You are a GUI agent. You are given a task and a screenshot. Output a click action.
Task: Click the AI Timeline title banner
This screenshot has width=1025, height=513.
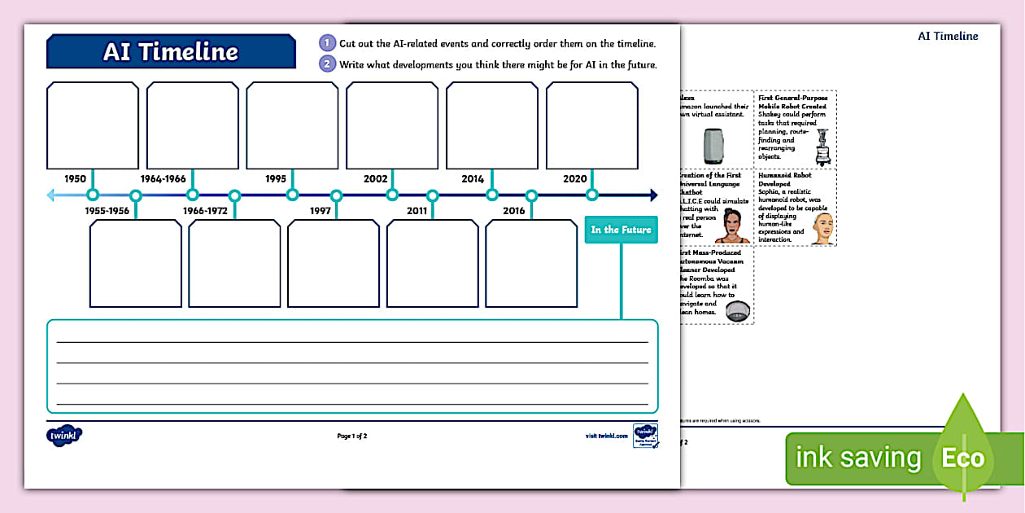(171, 51)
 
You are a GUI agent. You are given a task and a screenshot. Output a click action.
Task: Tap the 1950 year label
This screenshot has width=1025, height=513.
(75, 178)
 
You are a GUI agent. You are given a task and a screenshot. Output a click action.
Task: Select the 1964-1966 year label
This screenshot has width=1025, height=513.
(163, 178)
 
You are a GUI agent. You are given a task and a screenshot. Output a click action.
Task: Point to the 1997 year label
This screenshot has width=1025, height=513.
(321, 211)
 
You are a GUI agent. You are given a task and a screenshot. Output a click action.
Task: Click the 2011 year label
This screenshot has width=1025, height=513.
(417, 211)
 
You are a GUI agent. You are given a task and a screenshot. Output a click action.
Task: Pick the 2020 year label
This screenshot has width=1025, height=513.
(575, 178)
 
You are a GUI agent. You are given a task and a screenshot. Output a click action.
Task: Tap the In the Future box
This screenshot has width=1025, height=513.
(621, 230)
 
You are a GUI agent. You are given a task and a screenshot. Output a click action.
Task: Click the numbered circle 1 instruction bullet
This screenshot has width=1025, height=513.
(327, 43)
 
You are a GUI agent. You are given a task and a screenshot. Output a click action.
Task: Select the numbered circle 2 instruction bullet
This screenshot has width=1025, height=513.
(327, 64)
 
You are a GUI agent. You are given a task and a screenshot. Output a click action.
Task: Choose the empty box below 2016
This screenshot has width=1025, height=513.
(531, 263)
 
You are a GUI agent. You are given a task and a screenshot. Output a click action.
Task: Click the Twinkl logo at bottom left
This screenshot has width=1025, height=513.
(64, 436)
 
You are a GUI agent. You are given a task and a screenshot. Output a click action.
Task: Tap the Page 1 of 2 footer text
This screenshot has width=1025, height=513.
(352, 436)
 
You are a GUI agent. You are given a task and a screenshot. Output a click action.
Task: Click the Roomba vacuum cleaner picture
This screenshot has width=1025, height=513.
(737, 310)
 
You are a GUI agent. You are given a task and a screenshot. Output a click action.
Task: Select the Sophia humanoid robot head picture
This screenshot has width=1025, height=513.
(822, 229)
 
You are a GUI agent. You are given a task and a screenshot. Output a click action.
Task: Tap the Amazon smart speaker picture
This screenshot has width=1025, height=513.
(713, 147)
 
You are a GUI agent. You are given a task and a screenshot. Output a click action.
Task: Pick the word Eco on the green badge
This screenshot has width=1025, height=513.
(962, 458)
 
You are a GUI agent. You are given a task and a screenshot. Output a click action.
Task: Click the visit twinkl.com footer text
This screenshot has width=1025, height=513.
(607, 436)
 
